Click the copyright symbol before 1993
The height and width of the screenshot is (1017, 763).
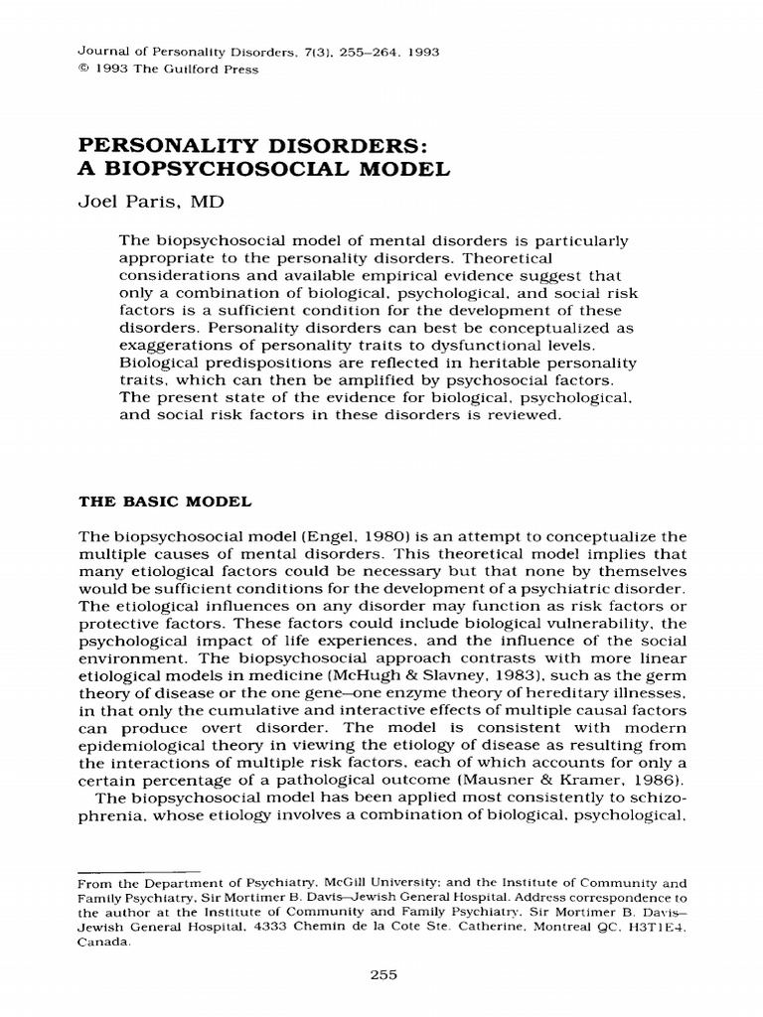pyautogui.click(x=81, y=70)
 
